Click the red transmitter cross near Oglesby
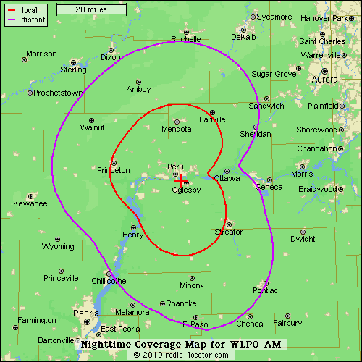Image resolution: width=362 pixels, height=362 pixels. point(180,181)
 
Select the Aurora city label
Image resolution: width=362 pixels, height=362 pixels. point(324,80)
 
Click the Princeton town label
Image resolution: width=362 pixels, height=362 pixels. point(114,171)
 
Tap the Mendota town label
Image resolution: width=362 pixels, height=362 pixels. point(177,130)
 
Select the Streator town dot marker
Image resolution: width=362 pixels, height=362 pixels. point(228,224)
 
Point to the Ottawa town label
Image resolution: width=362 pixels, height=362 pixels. point(227,178)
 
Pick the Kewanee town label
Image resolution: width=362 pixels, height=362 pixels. point(30,204)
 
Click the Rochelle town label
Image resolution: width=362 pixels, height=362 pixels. point(186,39)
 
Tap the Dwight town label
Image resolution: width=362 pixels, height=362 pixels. point(303,239)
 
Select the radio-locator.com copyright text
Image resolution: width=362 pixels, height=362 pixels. point(181,355)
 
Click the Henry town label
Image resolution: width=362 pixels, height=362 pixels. point(133,235)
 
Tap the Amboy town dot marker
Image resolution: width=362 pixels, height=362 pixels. point(138,81)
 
